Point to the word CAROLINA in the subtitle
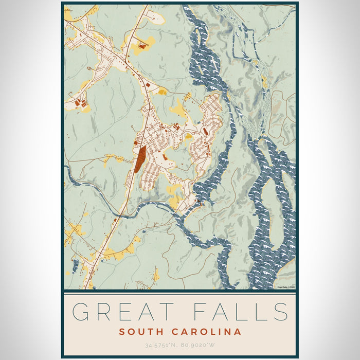click(x=204, y=332)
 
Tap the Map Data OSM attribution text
click(x=286, y=287)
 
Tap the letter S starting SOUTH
click(x=122, y=332)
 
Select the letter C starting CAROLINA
click(x=172, y=332)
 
